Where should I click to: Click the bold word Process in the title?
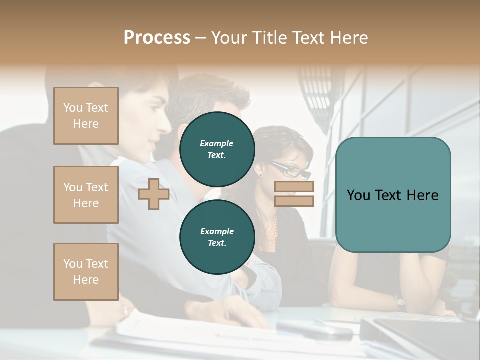click(157, 38)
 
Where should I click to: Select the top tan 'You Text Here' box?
click(86, 116)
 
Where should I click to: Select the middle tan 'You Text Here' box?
click(86, 195)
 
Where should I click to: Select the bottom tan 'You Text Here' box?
click(86, 272)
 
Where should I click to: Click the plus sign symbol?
click(154, 194)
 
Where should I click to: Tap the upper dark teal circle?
click(217, 149)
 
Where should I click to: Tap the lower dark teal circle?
click(217, 237)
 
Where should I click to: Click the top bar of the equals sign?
click(294, 187)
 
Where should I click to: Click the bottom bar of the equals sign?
click(294, 201)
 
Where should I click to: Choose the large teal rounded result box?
click(393, 195)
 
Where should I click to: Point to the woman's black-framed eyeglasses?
click(292, 170)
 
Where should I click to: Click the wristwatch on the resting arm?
click(400, 301)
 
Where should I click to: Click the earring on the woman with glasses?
click(260, 174)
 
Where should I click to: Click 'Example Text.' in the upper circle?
click(217, 149)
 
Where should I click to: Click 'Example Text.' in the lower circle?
click(217, 237)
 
